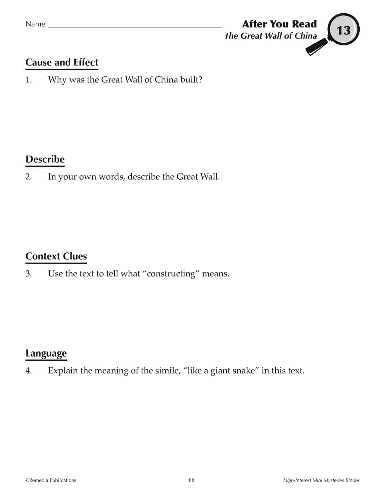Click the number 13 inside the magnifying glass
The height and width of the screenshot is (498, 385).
click(x=343, y=30)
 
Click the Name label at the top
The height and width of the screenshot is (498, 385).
click(x=35, y=24)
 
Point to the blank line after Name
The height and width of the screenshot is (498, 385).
click(x=135, y=26)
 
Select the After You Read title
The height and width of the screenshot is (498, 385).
click(x=279, y=24)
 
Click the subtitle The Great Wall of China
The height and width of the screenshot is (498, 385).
click(x=270, y=36)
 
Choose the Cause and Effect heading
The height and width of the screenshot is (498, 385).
click(x=62, y=62)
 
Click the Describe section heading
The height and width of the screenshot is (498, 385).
click(x=45, y=159)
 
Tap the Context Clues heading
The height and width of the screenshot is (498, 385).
click(x=56, y=256)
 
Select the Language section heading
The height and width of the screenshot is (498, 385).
click(x=46, y=353)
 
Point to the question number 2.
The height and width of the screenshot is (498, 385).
click(x=29, y=177)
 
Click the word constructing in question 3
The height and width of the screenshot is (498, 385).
click(x=171, y=274)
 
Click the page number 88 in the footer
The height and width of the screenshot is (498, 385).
click(x=192, y=480)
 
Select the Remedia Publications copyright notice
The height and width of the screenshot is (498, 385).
click(x=51, y=480)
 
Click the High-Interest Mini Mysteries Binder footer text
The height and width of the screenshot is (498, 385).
click(x=321, y=480)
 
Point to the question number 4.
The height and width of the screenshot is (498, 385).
click(x=29, y=371)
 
